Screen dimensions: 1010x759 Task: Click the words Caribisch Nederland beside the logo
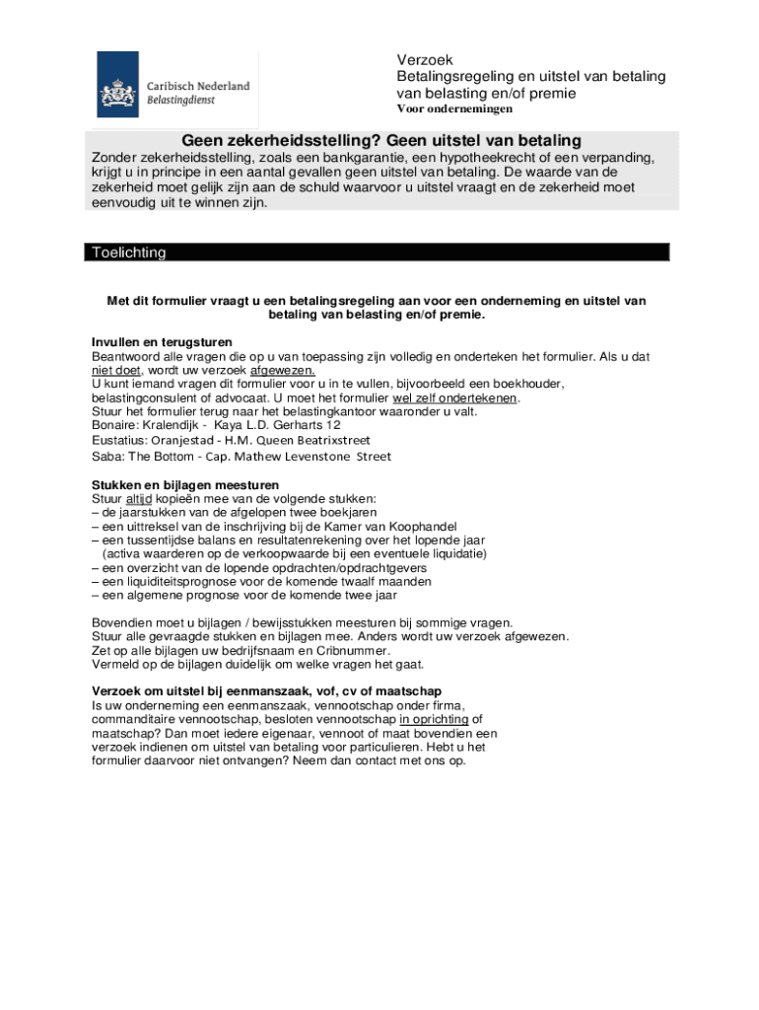(198, 86)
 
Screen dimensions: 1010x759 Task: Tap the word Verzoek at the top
(425, 60)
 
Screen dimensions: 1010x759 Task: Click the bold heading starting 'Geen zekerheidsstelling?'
(381, 141)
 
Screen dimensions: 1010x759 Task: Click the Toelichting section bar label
(128, 252)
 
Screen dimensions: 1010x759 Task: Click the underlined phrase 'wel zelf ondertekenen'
(455, 398)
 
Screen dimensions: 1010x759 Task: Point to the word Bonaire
(117, 426)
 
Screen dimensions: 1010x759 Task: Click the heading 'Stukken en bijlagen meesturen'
(185, 485)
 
